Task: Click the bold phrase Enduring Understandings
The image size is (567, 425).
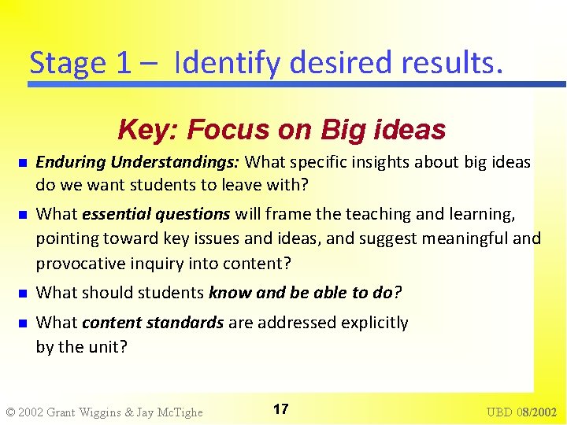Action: [138, 163]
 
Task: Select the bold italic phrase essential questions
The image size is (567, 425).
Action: [156, 214]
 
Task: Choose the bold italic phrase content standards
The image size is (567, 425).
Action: [153, 323]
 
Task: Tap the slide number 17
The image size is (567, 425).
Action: [280, 408]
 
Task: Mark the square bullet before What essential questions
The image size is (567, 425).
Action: [23, 215]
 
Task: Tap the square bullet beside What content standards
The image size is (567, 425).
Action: [23, 323]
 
